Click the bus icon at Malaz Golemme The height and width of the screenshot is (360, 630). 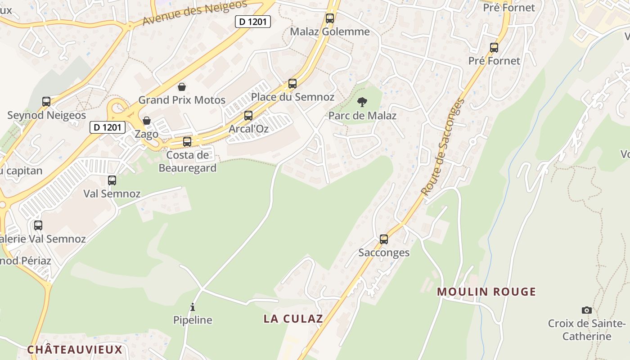[330, 18]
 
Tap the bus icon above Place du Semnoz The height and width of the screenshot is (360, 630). [292, 84]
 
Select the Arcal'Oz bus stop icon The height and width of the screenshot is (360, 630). [248, 116]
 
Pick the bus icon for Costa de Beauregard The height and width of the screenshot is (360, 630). [187, 142]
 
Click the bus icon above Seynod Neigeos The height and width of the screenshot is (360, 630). [46, 102]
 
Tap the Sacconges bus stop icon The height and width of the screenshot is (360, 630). [384, 239]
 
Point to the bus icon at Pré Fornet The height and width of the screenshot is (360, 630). [494, 48]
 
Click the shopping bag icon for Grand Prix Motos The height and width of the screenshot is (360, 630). [182, 86]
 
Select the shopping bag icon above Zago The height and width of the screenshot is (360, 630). [147, 121]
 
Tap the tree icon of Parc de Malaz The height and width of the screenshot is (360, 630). [362, 102]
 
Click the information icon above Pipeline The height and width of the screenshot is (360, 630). [193, 307]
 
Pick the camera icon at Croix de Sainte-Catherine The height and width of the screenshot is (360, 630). [587, 310]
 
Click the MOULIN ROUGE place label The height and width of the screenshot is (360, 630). [486, 292]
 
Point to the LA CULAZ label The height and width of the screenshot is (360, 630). [293, 319]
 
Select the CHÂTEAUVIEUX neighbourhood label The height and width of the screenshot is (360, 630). [75, 350]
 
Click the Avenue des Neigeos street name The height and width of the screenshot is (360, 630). [195, 12]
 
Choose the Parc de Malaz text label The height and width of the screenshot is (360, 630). [362, 116]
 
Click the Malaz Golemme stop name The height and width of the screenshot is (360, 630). [330, 31]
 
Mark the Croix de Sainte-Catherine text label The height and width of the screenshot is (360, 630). [587, 330]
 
